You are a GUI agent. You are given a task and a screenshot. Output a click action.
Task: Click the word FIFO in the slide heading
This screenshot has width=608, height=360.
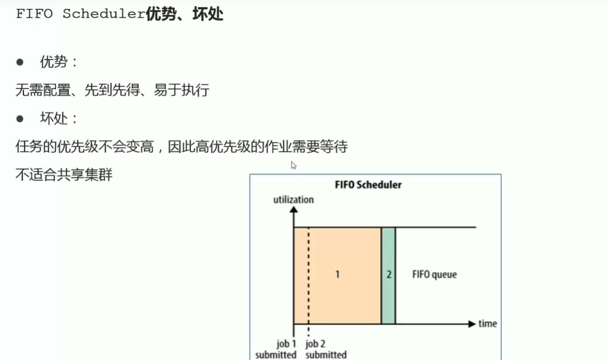[x=34, y=14]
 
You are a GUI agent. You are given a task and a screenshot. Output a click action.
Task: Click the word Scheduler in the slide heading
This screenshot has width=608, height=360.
[x=104, y=14]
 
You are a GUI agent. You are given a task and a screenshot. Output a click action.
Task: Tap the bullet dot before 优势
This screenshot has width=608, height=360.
[x=20, y=62]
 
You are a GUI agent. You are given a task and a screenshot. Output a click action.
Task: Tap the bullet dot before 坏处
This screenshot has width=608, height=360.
[x=20, y=119]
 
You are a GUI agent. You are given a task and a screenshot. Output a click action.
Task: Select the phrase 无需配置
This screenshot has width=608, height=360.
[x=43, y=90]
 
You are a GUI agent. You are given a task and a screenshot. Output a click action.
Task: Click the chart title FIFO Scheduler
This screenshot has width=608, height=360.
[x=368, y=184]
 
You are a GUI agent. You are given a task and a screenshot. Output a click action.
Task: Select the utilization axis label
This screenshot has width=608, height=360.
[x=293, y=199]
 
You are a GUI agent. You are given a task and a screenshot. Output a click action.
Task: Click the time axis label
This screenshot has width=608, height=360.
[x=488, y=323]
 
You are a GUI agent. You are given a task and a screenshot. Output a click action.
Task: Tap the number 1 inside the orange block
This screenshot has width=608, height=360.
[x=337, y=274]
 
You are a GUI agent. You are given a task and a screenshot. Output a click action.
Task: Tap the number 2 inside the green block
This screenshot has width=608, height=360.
[x=388, y=274]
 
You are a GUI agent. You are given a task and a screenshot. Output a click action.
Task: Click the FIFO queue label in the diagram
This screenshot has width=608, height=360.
[x=434, y=274]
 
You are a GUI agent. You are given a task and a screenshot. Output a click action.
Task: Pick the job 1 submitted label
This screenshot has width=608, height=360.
[x=277, y=349]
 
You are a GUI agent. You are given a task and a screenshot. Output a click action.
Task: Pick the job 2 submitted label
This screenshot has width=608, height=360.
[x=326, y=349]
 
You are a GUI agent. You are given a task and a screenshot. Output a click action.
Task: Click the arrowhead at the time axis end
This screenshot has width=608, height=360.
[x=472, y=324]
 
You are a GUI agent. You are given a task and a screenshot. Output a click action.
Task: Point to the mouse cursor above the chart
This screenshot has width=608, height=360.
[x=294, y=165]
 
